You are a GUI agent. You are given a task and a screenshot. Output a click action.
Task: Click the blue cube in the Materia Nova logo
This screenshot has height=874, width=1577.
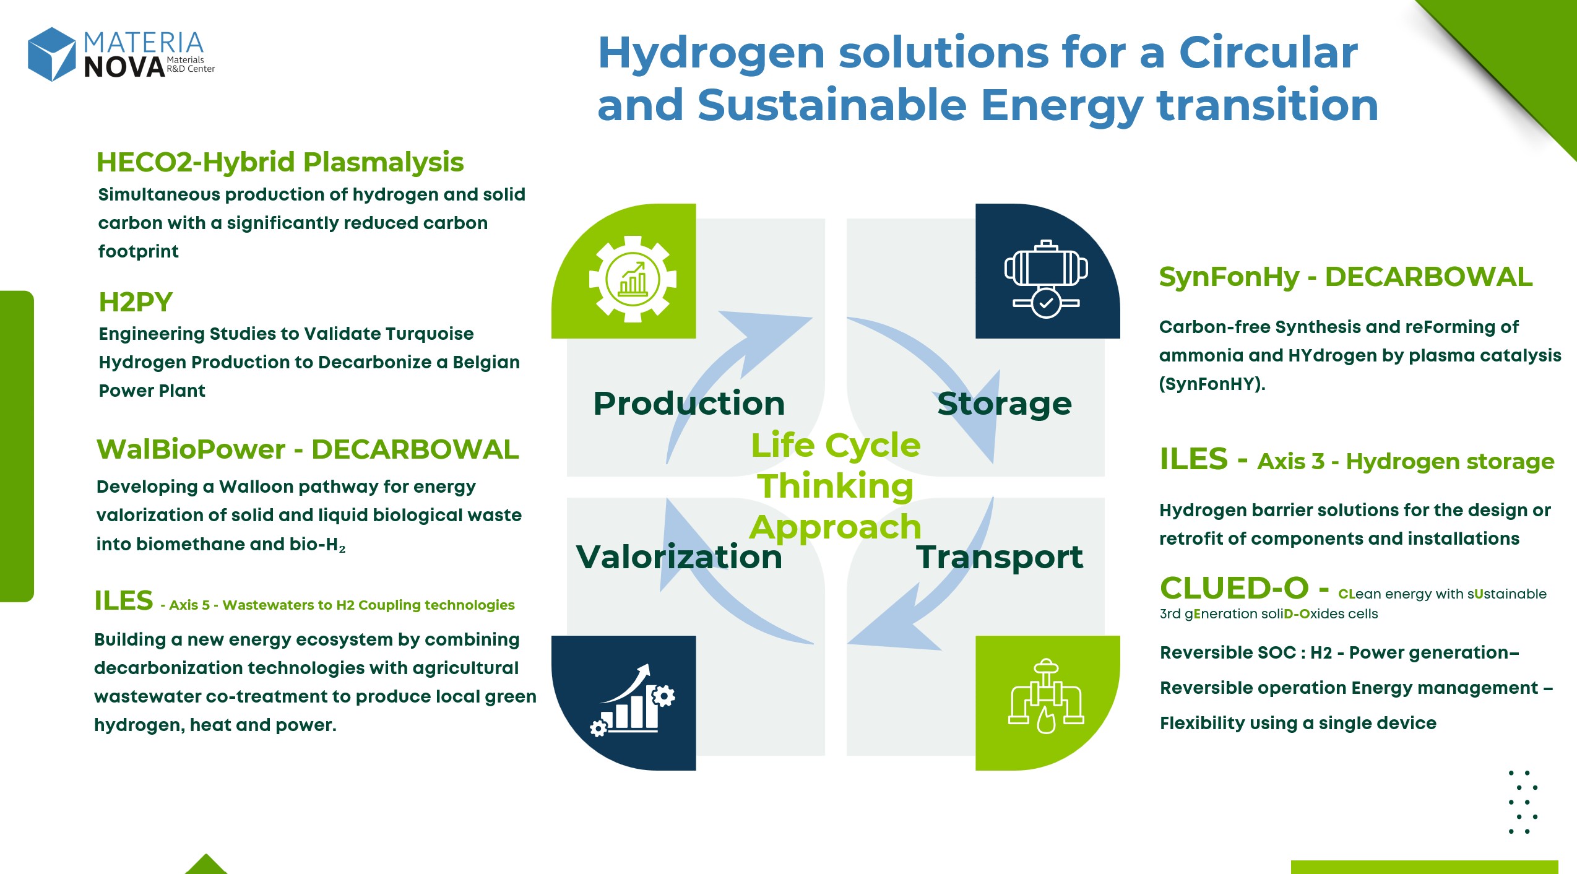click(x=52, y=54)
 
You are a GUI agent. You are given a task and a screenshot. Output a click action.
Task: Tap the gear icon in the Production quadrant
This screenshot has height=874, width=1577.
click(x=633, y=279)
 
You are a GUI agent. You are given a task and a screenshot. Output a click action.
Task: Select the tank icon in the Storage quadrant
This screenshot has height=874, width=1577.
click(x=1046, y=279)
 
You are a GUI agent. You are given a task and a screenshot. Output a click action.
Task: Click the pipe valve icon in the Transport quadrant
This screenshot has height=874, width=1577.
click(x=1046, y=696)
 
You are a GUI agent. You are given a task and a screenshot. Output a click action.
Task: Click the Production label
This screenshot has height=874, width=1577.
click(x=689, y=404)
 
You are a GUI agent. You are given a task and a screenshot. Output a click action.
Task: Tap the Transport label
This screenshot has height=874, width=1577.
click(x=1000, y=558)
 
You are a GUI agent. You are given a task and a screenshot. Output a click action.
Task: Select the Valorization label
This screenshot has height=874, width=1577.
click(x=679, y=556)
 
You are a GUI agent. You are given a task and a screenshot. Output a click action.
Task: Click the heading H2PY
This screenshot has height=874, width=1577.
click(x=136, y=302)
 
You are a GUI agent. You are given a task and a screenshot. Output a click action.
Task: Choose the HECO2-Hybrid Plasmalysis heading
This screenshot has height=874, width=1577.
click(x=280, y=162)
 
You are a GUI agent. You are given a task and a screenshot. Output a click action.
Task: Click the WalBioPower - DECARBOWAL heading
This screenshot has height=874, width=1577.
click(x=308, y=449)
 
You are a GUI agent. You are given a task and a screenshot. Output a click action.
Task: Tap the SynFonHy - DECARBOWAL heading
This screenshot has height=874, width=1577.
click(x=1346, y=277)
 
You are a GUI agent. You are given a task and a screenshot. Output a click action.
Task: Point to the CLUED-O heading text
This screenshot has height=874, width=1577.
click(x=1234, y=588)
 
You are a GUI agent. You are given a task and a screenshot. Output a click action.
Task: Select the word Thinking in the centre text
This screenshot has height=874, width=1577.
click(x=836, y=486)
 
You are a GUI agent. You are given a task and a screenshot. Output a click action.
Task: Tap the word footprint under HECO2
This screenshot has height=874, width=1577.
click(x=138, y=251)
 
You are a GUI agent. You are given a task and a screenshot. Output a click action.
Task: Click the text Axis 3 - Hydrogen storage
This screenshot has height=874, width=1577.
click(x=1406, y=462)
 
